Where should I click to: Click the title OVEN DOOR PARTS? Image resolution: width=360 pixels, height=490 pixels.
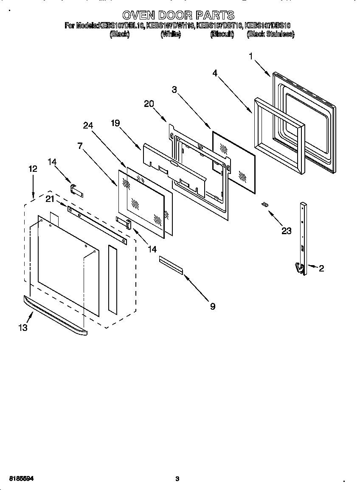[x=178, y=16]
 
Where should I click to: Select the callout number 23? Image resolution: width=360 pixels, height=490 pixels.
[x=287, y=231]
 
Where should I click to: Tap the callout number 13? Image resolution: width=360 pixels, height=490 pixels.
[x=22, y=328]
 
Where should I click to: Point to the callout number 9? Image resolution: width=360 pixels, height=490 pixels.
[x=212, y=306]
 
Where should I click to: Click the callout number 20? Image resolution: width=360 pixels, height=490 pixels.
[x=149, y=104]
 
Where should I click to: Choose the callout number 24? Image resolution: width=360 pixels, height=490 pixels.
[x=88, y=125]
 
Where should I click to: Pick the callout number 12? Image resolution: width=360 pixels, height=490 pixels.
[x=33, y=168]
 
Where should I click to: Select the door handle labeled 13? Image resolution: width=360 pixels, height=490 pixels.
[x=55, y=316]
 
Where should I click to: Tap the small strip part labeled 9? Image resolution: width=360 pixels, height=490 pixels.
[x=171, y=265]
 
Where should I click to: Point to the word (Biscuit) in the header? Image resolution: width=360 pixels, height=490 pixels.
[x=222, y=34]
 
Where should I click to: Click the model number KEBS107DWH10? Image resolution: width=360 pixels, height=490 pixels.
[x=170, y=25]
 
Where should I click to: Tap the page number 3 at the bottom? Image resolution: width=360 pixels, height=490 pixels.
[x=177, y=479]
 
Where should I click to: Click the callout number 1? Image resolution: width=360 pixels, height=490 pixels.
[x=251, y=56]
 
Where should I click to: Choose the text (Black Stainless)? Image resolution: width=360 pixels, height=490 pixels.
[x=270, y=34]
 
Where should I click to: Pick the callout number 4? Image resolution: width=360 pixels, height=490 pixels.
[x=215, y=73]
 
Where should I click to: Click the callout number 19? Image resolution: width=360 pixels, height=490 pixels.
[x=115, y=123]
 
